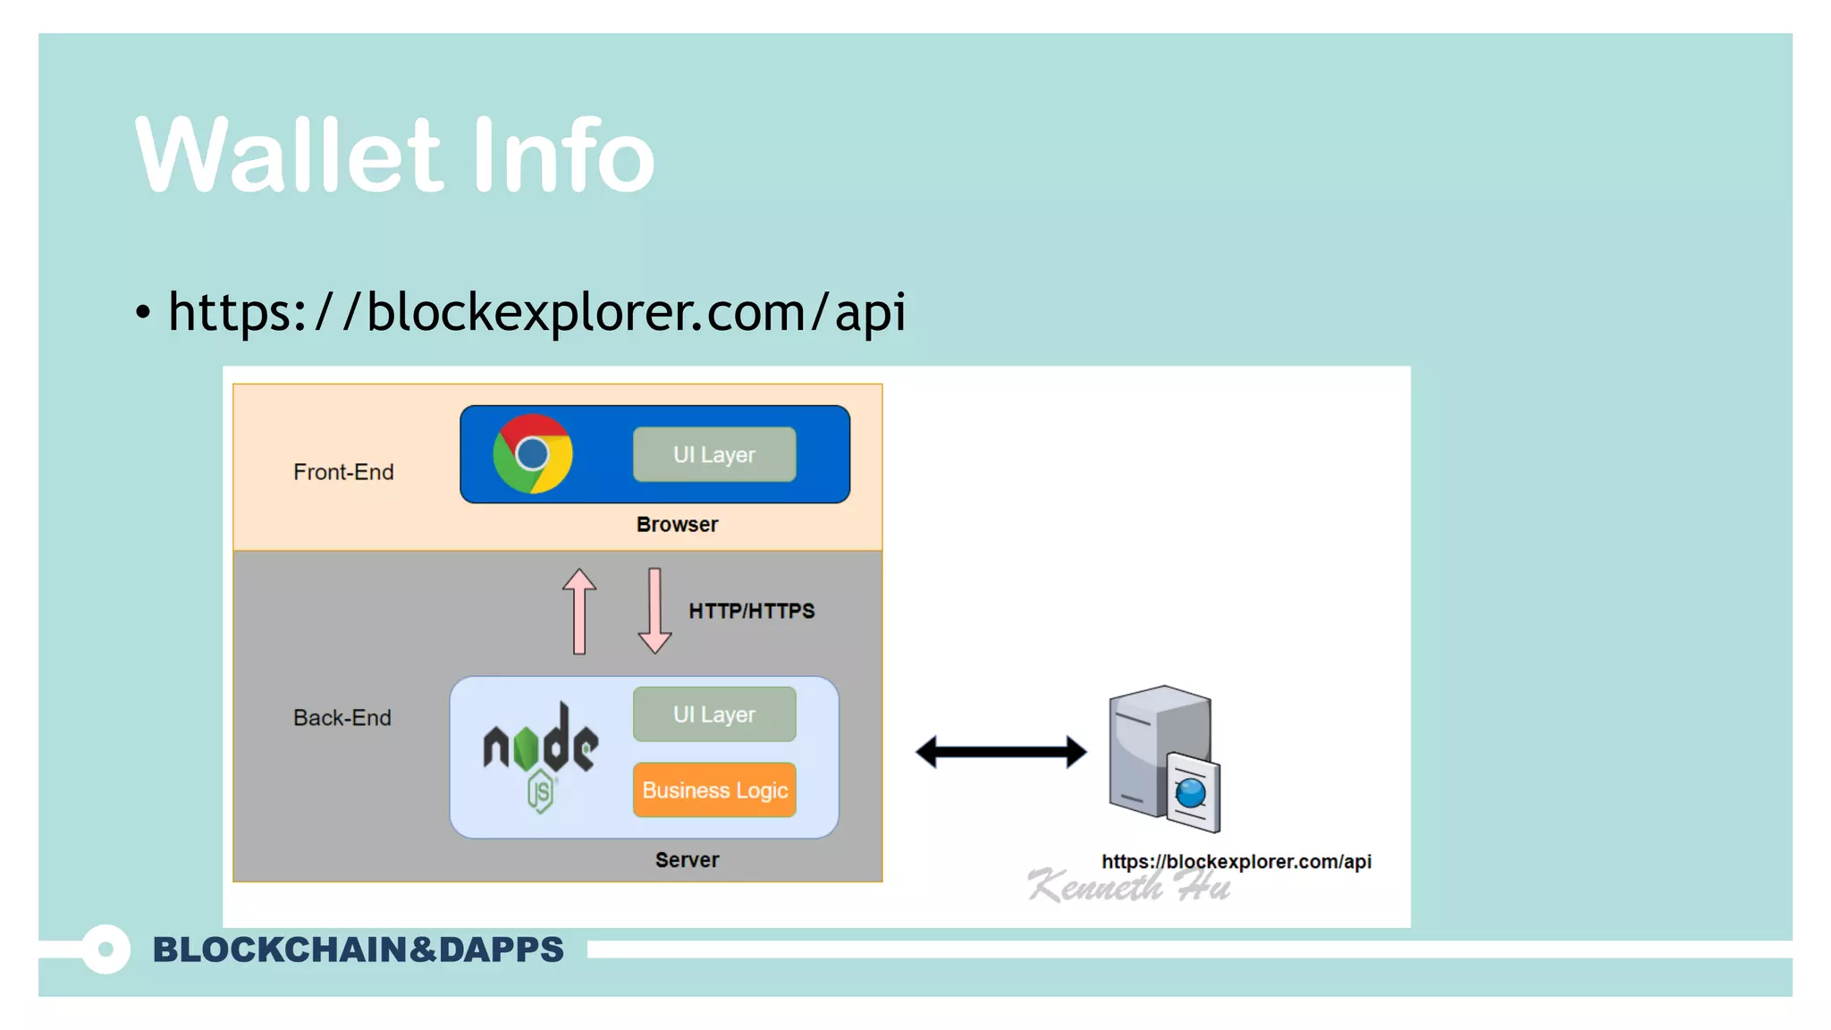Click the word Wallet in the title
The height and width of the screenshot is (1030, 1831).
click(288, 156)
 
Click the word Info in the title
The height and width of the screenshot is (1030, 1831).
click(563, 156)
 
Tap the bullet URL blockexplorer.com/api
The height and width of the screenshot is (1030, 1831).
click(536, 312)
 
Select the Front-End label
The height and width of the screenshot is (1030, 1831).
click(343, 472)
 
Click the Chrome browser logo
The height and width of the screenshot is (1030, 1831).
click(533, 453)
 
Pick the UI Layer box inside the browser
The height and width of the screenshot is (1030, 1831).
click(714, 454)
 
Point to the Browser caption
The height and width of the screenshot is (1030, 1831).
click(677, 525)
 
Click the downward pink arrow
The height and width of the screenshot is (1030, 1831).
click(654, 611)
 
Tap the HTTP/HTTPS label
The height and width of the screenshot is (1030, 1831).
click(751, 612)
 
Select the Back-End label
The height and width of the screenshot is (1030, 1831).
click(342, 718)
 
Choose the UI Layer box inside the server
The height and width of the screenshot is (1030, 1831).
click(714, 714)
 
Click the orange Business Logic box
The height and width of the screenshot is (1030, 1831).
click(714, 790)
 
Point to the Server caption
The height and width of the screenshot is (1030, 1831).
click(687, 860)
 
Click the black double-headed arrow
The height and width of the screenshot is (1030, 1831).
click(1000, 752)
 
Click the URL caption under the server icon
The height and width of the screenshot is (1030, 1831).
click(1236, 862)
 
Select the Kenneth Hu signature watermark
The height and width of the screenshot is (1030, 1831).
click(1128, 887)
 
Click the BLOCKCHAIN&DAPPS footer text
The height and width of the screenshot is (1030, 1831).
click(358, 950)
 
